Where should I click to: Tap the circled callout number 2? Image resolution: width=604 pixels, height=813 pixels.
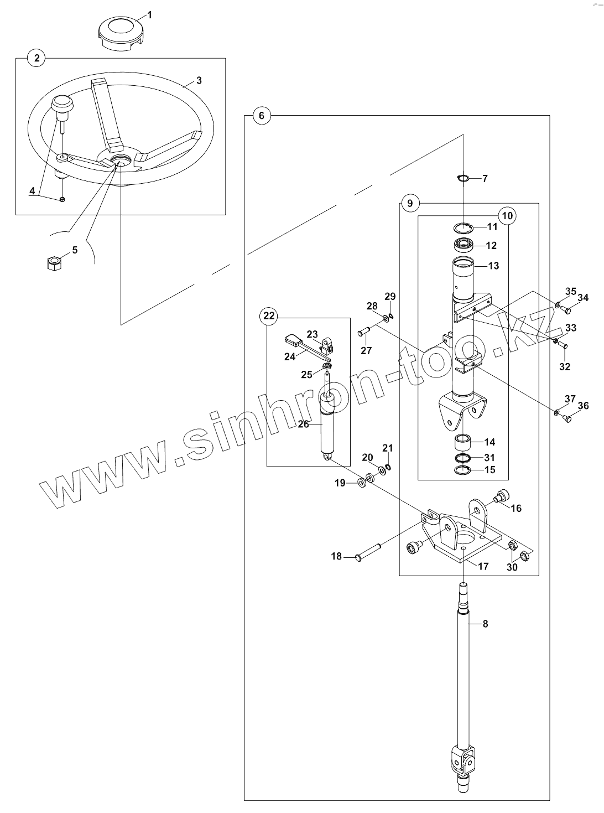[x=37, y=58]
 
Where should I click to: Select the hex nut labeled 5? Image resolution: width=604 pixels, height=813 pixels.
[x=53, y=263]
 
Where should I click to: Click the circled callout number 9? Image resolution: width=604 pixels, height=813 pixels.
[x=410, y=203]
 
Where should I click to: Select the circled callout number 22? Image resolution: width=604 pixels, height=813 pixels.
[x=269, y=316]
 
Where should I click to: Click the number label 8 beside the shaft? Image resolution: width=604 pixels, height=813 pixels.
[x=485, y=624]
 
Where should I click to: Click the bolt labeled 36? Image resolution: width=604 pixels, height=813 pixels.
[x=566, y=420]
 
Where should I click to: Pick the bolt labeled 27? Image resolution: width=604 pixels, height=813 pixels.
[x=364, y=332]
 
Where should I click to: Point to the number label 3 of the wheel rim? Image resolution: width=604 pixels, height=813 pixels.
[x=199, y=80]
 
